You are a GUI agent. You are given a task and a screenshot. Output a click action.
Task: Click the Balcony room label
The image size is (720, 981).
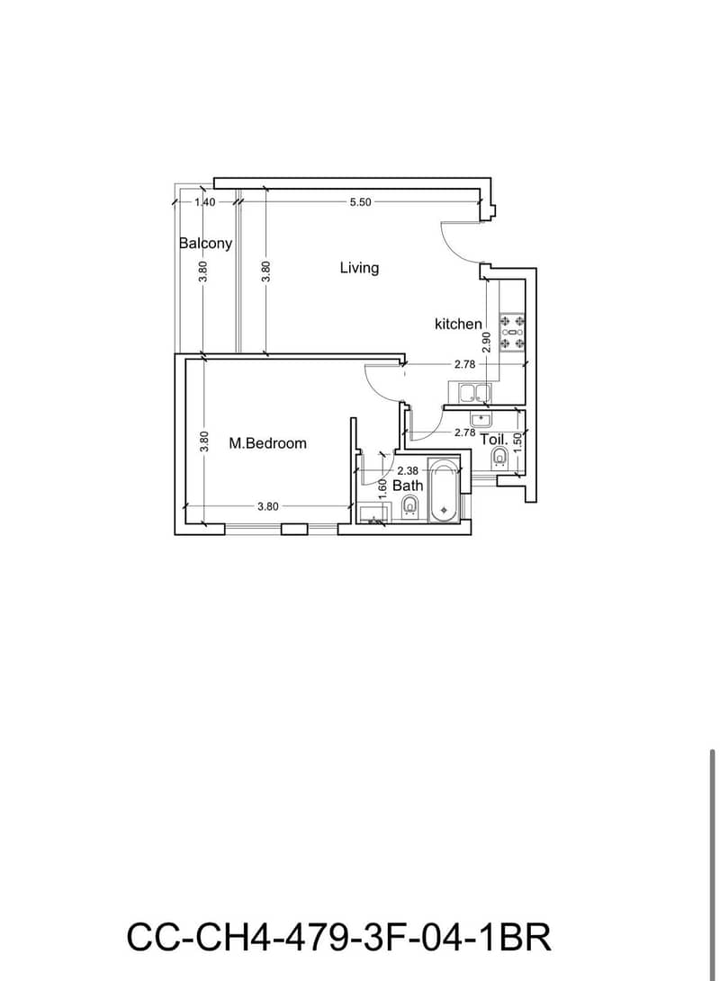tap(205, 243)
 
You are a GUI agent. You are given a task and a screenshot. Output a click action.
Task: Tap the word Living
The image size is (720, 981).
tap(359, 268)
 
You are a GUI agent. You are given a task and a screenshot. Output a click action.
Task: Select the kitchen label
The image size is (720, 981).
tap(458, 324)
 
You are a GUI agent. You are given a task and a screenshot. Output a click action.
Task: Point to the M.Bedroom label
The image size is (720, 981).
tap(267, 443)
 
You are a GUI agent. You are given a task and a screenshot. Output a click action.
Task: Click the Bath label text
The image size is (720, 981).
tap(408, 485)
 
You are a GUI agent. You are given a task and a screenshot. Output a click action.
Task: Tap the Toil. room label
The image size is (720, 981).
tap(494, 440)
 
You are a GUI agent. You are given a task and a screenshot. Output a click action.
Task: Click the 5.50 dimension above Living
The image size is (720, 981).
tap(360, 202)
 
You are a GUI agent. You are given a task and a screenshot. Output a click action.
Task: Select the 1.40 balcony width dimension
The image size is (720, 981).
tap(204, 202)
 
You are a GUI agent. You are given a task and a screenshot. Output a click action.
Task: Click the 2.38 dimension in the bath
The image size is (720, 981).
tap(408, 470)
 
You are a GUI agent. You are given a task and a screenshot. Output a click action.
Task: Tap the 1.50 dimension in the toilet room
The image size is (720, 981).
tap(517, 440)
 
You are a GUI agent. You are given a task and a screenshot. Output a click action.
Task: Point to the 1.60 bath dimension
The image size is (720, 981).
tap(382, 488)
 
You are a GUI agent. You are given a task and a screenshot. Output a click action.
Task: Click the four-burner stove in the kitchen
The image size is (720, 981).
tap(512, 332)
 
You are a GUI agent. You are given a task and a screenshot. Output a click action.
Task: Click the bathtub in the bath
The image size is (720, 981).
tap(444, 491)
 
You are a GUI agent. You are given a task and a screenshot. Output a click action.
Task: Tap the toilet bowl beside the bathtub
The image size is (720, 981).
tap(410, 505)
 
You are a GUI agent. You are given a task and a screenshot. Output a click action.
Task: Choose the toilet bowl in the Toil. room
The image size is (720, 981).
tap(499, 457)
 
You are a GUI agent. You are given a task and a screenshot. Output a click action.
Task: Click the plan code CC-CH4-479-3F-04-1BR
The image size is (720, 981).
tap(339, 937)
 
